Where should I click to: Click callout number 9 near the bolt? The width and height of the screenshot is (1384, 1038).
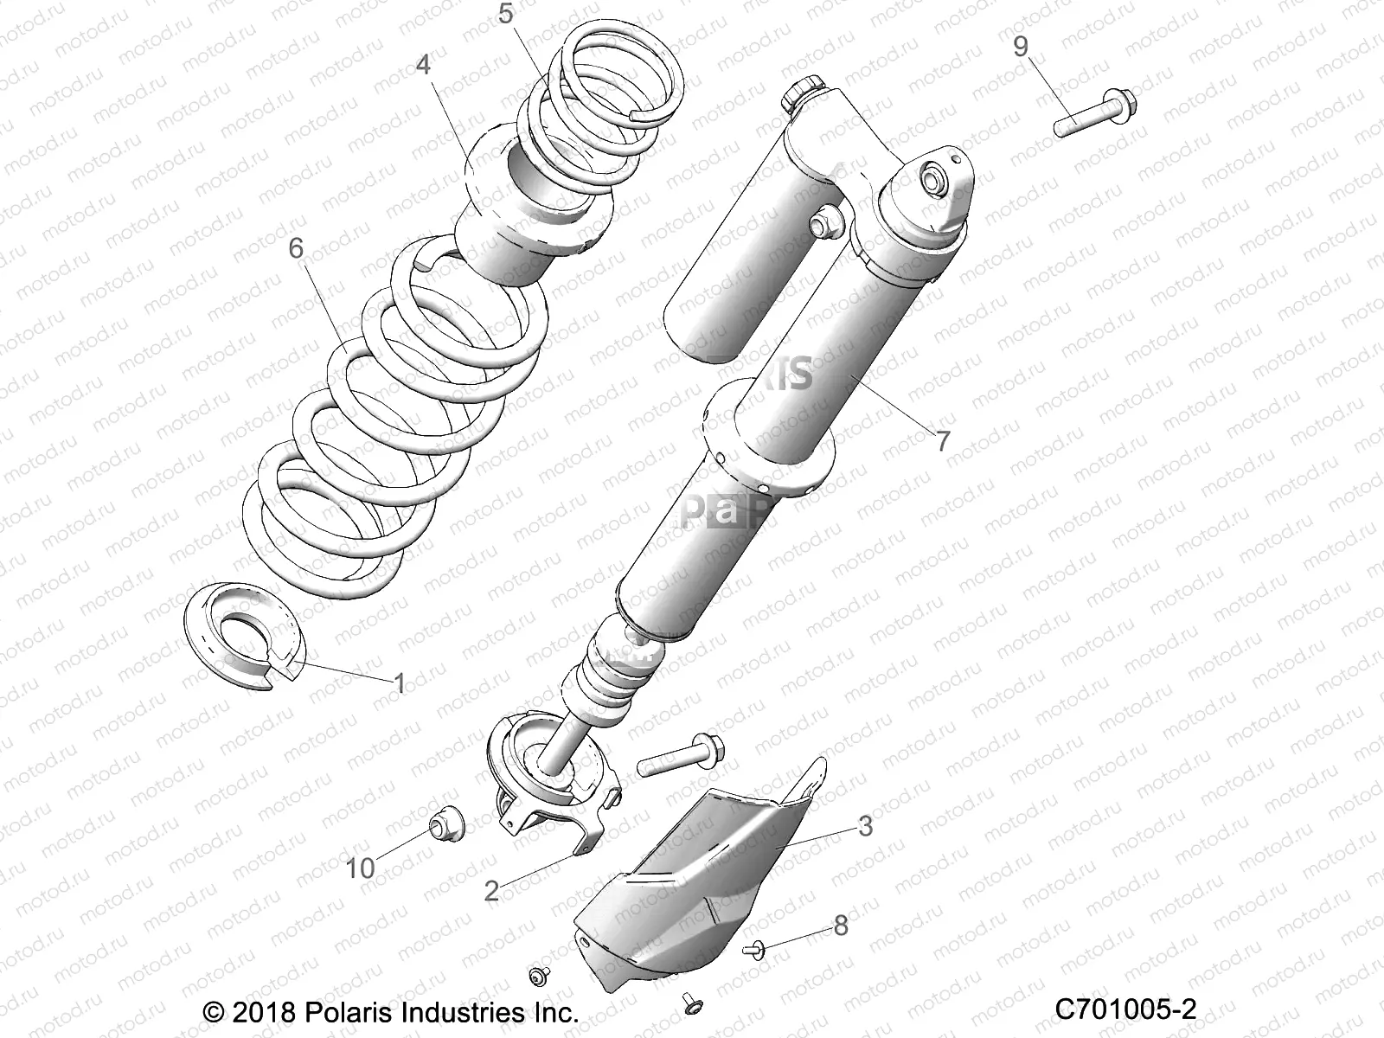pyautogui.click(x=1021, y=47)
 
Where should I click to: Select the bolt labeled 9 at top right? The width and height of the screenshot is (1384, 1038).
pyautogui.click(x=1095, y=115)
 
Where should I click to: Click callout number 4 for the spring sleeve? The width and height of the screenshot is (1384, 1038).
pyautogui.click(x=423, y=65)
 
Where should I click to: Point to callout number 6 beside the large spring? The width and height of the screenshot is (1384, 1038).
pyautogui.click(x=297, y=248)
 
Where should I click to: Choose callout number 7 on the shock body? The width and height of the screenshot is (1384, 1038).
pyautogui.click(x=942, y=440)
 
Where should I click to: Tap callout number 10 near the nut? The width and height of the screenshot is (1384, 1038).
pyautogui.click(x=361, y=867)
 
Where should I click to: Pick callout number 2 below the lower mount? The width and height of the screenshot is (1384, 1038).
pyautogui.click(x=491, y=890)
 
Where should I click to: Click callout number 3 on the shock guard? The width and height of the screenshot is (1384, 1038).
pyautogui.click(x=865, y=825)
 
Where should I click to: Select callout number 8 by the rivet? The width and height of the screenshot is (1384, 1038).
pyautogui.click(x=840, y=926)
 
